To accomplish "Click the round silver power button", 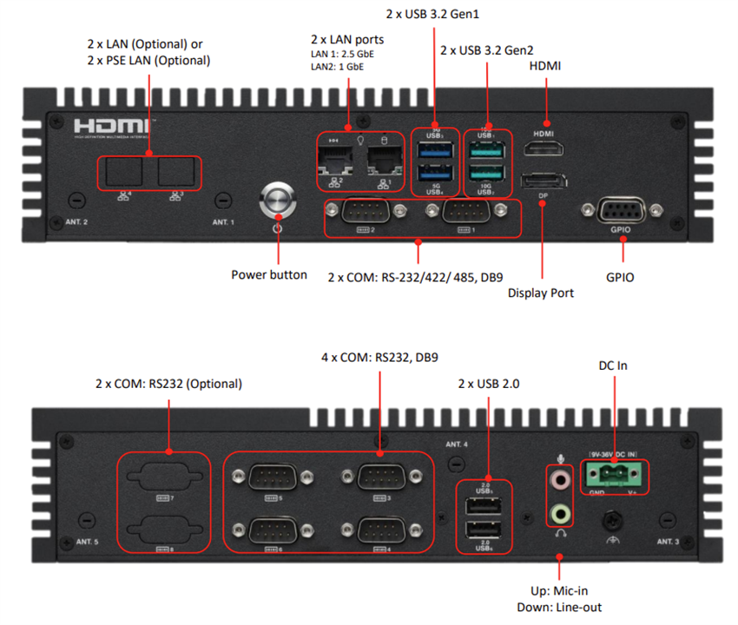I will coord(278,201).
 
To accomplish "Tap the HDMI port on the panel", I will coord(544,151).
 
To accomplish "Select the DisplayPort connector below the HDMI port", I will coord(544,181).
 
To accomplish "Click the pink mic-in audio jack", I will coord(561,478).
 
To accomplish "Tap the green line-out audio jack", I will coord(561,513).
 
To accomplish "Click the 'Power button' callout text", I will coord(269,274).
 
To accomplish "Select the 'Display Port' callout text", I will coord(540,293).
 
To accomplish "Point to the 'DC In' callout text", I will coord(611,365).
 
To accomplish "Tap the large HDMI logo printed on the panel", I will coord(111,125).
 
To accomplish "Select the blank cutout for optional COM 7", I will coord(164,477).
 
